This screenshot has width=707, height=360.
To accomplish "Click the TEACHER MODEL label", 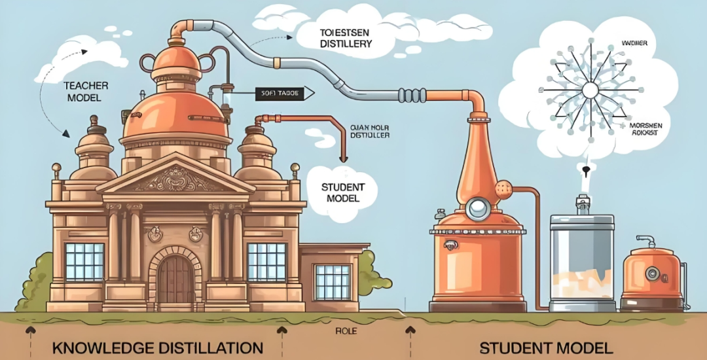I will (x=82, y=92).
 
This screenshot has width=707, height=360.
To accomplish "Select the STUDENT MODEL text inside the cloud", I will (x=340, y=192).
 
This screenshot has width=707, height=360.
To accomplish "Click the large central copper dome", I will (x=175, y=117).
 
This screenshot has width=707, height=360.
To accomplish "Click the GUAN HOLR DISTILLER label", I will (x=369, y=131).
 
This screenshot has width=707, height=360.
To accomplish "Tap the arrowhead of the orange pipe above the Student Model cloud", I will (x=342, y=158).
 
